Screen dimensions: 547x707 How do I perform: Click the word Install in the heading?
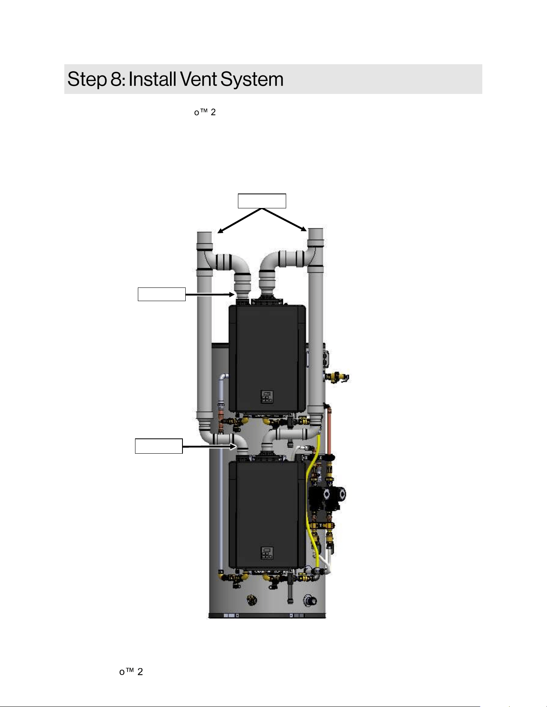[x=153, y=79]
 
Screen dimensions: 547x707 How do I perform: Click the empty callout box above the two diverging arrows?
[x=262, y=201]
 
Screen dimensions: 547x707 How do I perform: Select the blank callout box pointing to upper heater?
[x=162, y=294]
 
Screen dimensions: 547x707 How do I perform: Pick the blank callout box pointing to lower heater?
[x=159, y=446]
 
